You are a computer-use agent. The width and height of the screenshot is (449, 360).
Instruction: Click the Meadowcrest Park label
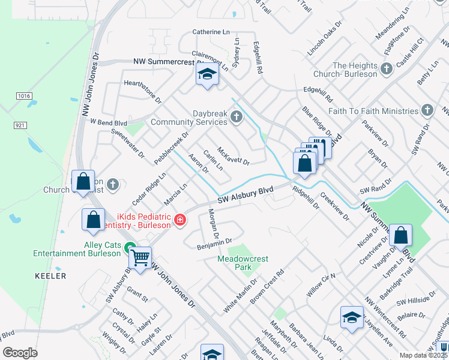243,263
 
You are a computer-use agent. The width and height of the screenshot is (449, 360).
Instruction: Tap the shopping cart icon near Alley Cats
140,259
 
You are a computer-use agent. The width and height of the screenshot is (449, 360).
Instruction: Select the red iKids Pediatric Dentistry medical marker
179,221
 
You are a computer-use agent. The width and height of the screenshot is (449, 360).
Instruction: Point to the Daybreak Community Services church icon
237,116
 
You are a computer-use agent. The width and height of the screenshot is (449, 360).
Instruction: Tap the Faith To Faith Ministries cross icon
427,110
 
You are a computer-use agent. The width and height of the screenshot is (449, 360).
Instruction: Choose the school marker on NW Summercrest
206,74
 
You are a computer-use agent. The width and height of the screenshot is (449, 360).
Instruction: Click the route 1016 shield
24,95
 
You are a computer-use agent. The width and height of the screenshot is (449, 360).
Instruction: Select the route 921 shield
20,125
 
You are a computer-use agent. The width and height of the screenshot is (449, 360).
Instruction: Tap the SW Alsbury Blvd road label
245,194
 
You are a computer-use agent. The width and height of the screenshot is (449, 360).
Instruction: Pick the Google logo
20,353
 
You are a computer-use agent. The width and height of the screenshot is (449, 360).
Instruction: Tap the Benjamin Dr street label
214,243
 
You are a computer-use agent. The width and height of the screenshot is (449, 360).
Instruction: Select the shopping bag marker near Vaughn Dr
400,235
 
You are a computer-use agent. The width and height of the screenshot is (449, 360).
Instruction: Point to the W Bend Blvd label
109,121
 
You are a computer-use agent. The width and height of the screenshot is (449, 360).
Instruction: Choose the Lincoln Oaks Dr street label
324,40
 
